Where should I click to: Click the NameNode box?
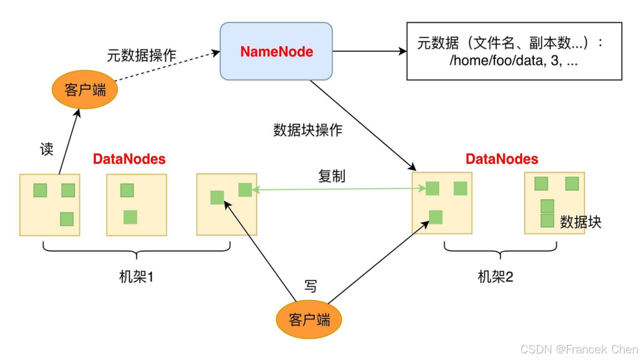(x=276, y=52)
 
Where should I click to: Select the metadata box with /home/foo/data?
(x=514, y=52)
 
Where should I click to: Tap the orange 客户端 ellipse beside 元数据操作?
(x=85, y=90)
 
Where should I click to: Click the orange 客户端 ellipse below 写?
(x=309, y=319)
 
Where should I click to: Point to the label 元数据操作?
(x=141, y=55)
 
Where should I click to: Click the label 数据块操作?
(x=308, y=131)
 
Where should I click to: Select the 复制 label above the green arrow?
(x=332, y=177)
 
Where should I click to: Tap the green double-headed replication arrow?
(x=337, y=189)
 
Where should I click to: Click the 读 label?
(x=47, y=150)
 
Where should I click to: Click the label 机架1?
(x=136, y=277)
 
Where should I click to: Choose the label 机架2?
(x=495, y=277)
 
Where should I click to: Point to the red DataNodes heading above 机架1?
(x=129, y=159)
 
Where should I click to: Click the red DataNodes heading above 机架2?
(x=502, y=159)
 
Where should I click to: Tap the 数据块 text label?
(x=581, y=222)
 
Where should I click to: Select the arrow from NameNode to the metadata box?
(x=370, y=52)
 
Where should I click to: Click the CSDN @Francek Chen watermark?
(x=579, y=349)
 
